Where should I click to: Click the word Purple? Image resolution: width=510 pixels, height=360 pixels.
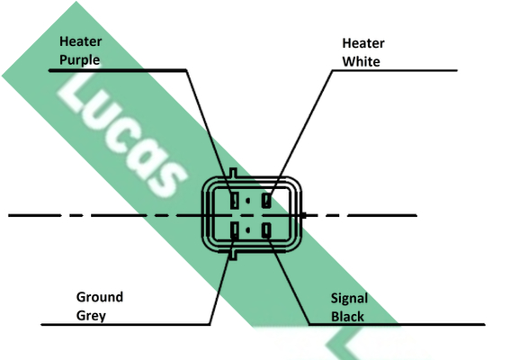pyautogui.click(x=80, y=60)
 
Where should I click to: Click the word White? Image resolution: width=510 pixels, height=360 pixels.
pyautogui.click(x=361, y=61)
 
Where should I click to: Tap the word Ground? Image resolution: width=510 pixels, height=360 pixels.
pyautogui.click(x=100, y=297)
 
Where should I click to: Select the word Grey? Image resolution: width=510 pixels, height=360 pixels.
pyautogui.click(x=91, y=316)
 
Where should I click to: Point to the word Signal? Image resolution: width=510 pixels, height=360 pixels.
pyautogui.click(x=349, y=299)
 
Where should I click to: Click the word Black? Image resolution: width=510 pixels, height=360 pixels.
pyautogui.click(x=348, y=317)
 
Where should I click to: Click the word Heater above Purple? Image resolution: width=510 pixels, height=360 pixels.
pyautogui.click(x=81, y=41)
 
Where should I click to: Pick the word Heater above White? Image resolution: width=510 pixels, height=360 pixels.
pyautogui.click(x=363, y=43)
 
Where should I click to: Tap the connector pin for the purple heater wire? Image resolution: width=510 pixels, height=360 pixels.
pyautogui.click(x=235, y=200)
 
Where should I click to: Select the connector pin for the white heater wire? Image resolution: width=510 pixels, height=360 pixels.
pyautogui.click(x=266, y=200)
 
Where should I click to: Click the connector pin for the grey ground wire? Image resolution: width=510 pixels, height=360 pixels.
pyautogui.click(x=235, y=230)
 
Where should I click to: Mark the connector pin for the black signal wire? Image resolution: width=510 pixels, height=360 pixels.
pyautogui.click(x=266, y=230)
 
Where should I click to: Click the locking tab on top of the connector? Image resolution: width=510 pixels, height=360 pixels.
pyautogui.click(x=233, y=173)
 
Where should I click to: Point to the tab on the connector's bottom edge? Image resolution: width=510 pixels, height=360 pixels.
pyautogui.click(x=233, y=255)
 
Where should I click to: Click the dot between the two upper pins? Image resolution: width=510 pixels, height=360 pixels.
pyautogui.click(x=248, y=201)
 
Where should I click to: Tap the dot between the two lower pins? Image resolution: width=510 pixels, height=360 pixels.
pyautogui.click(x=248, y=230)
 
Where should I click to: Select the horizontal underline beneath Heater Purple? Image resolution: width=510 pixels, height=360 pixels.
pyautogui.click(x=118, y=70)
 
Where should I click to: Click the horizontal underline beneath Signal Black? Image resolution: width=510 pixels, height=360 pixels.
pyautogui.click(x=397, y=324)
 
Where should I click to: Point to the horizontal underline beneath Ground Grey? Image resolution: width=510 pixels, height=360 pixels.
pyautogui.click(x=126, y=325)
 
